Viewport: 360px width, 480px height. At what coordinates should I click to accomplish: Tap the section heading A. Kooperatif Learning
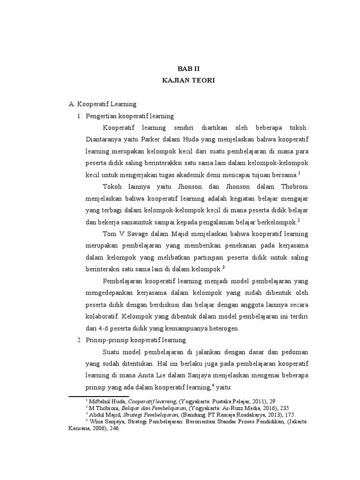[x=103, y=104]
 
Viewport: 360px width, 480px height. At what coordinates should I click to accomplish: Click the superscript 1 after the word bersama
[x=299, y=173]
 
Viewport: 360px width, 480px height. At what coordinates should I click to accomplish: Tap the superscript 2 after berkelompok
[x=298, y=220]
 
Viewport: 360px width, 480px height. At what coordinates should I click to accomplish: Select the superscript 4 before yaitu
[x=213, y=385]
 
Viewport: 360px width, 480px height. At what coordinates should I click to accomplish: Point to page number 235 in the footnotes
[x=272, y=408]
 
